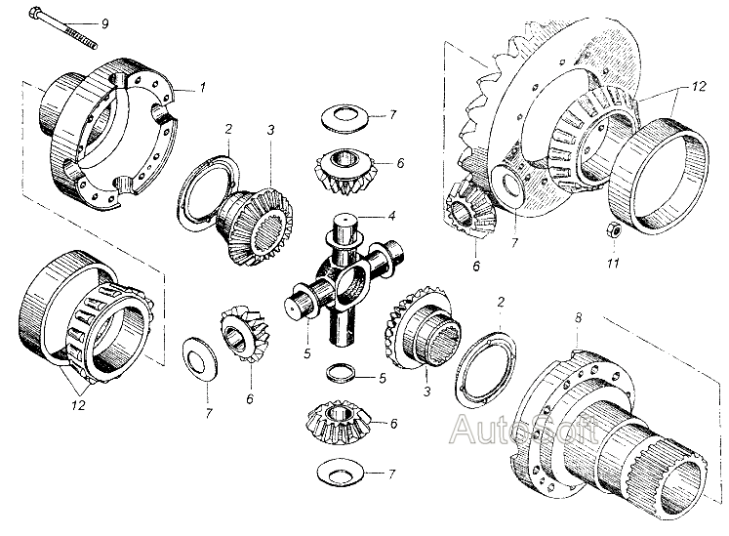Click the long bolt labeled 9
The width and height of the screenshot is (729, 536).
pyautogui.click(x=63, y=28)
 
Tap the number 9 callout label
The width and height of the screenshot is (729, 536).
pyautogui.click(x=105, y=23)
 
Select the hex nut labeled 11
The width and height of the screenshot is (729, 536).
pyautogui.click(x=612, y=230)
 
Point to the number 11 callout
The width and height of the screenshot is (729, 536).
pyautogui.click(x=613, y=263)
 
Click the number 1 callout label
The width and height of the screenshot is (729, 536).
pyautogui.click(x=203, y=87)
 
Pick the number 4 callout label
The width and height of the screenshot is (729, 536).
pyautogui.click(x=392, y=216)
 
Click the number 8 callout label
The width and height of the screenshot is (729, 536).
pyautogui.click(x=579, y=317)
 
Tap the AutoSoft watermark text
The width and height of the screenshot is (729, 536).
pyautogui.click(x=525, y=429)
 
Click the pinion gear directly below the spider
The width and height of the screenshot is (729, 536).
pyautogui.click(x=339, y=422)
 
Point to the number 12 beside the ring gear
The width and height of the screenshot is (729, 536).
pyautogui.click(x=698, y=86)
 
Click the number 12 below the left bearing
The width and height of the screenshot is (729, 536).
pyautogui.click(x=78, y=405)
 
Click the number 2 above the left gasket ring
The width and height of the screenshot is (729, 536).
pyautogui.click(x=228, y=129)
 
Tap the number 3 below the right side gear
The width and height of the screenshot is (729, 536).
pyautogui.click(x=426, y=392)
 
